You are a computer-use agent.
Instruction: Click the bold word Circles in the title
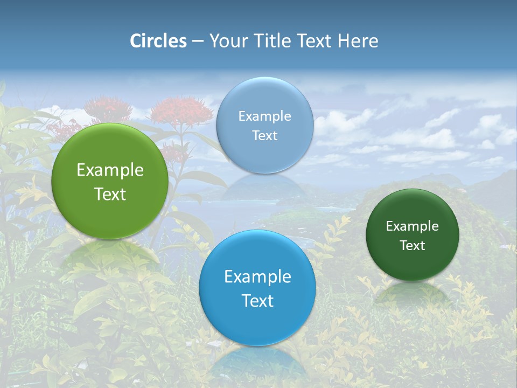click(x=158, y=41)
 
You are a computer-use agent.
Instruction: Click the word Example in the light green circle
click(x=110, y=170)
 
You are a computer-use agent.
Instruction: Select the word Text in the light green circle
click(x=110, y=194)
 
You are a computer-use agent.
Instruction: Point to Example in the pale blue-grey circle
click(x=265, y=116)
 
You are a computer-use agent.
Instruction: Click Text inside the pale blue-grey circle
click(x=265, y=136)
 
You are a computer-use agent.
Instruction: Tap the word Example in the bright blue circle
click(x=257, y=277)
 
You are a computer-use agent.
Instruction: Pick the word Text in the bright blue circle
click(x=257, y=301)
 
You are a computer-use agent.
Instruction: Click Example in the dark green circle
click(x=413, y=226)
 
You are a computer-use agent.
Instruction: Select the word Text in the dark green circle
click(x=413, y=246)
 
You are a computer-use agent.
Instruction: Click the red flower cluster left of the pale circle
click(x=181, y=112)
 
